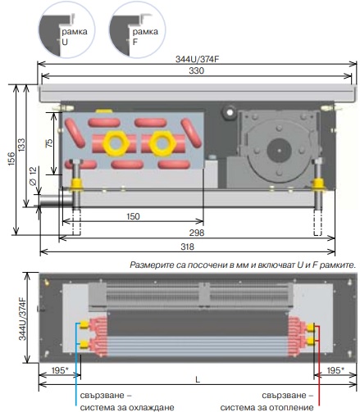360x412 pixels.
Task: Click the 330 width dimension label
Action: [196, 70]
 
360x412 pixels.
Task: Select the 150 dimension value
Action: [133, 216]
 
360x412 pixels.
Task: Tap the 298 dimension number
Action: [197, 233]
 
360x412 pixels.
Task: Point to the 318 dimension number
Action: [188, 247]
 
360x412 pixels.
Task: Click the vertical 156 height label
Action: [11, 160]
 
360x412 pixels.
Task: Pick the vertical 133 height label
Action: [21, 145]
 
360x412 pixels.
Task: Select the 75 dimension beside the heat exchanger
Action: [49, 143]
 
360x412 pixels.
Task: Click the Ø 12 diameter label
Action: [33, 176]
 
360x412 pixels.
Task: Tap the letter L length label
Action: [198, 379]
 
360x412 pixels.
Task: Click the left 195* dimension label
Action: [60, 370]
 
